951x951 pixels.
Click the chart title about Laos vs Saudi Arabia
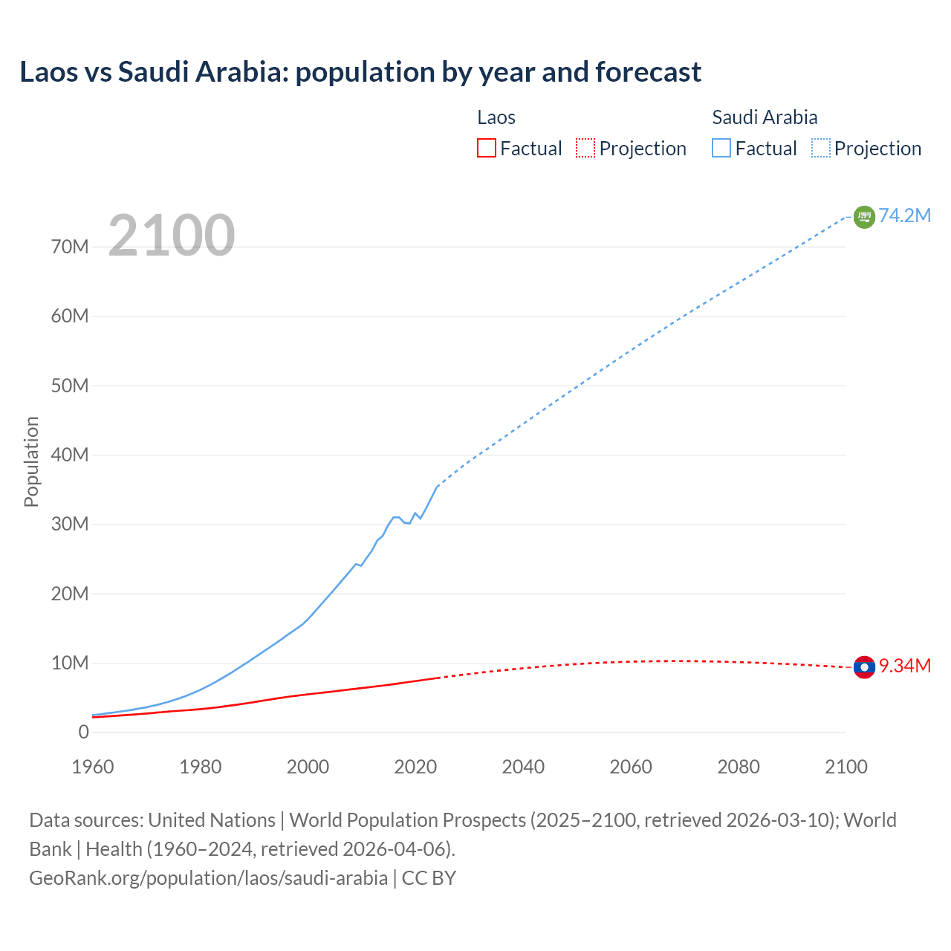[360, 72]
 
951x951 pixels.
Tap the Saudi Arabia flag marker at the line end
[864, 217]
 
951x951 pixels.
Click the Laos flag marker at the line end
[864, 667]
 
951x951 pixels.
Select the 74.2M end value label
[905, 216]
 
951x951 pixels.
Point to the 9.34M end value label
[905, 666]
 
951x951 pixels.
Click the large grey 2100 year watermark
[172, 236]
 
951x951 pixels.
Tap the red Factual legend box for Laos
[486, 148]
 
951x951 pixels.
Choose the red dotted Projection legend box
[585, 148]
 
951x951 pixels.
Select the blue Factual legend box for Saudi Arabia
[721, 148]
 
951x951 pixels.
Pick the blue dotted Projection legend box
[821, 148]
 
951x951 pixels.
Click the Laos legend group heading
[496, 117]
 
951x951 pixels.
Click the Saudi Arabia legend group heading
[765, 117]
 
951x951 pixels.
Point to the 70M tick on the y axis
[70, 247]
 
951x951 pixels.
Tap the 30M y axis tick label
[70, 525]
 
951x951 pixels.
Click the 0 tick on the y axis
[83, 733]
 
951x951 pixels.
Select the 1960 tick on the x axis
[93, 767]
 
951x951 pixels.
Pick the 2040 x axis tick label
[523, 767]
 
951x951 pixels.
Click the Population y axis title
[31, 461]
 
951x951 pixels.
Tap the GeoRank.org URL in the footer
[208, 878]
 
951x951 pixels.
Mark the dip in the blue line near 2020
[408, 523]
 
